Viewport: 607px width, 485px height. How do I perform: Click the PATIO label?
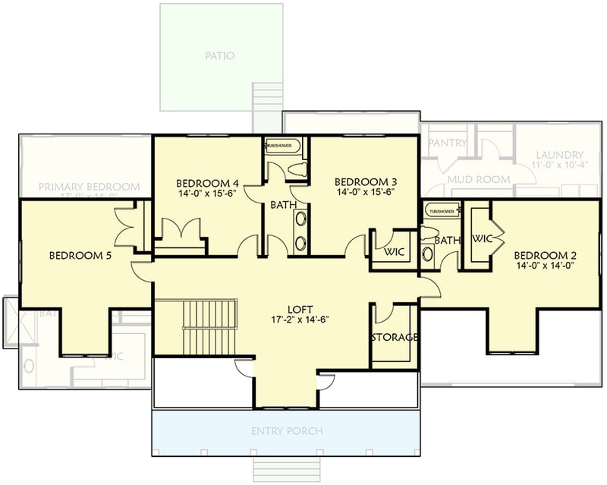click(x=220, y=55)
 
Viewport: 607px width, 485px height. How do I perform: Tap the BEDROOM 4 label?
click(x=208, y=183)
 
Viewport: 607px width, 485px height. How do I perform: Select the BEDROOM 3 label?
click(x=366, y=181)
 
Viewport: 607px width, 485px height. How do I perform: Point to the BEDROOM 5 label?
click(x=80, y=256)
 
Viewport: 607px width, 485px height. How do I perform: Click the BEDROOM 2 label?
click(x=545, y=255)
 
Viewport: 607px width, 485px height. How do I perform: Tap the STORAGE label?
click(x=395, y=337)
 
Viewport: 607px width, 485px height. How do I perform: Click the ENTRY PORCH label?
click(x=287, y=431)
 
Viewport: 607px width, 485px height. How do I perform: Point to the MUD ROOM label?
click(x=478, y=179)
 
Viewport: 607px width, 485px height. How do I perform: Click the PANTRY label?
click(x=447, y=143)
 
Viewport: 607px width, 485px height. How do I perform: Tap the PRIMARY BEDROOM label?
click(x=89, y=187)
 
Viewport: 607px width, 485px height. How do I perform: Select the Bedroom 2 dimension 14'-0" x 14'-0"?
click(x=545, y=266)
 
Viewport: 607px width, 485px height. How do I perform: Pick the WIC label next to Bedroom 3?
click(x=394, y=251)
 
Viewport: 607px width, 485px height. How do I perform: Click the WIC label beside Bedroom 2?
click(x=483, y=239)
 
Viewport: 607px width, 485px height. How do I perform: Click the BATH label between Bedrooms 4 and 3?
click(x=283, y=205)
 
